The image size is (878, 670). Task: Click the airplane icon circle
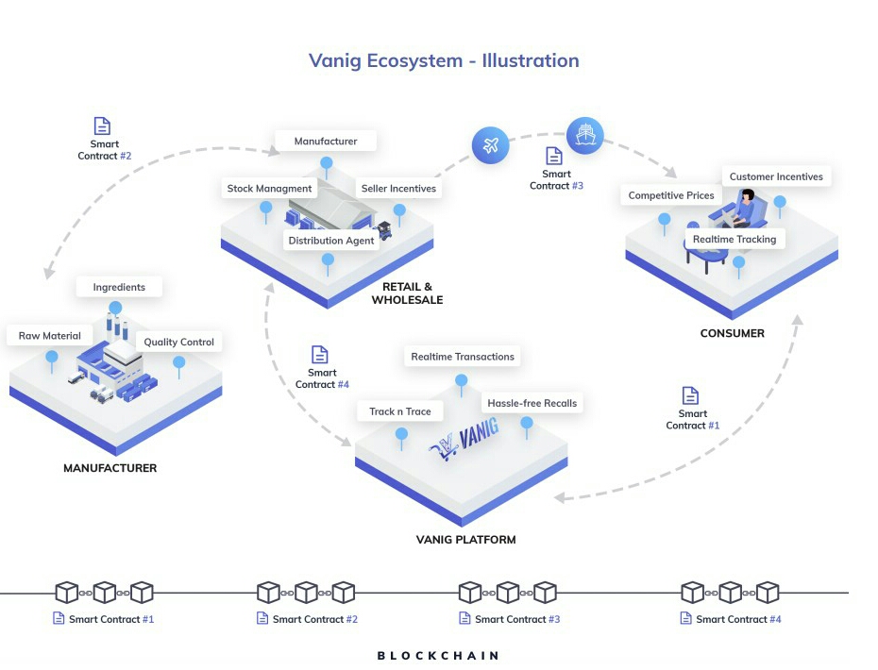click(491, 145)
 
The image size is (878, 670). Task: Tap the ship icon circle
click(585, 136)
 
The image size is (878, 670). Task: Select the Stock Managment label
click(269, 189)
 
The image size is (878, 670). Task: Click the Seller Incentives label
click(398, 189)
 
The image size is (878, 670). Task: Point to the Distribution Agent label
click(331, 241)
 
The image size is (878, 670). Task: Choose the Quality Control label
click(178, 342)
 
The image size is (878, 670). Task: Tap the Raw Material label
click(50, 336)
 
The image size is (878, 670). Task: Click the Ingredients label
click(119, 287)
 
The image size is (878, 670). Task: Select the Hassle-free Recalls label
click(532, 403)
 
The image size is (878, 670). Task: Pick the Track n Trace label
click(400, 411)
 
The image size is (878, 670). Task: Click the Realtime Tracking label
click(734, 239)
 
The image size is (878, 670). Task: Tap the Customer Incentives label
click(776, 176)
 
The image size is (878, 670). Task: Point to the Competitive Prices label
click(671, 195)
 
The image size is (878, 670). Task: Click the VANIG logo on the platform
click(464, 439)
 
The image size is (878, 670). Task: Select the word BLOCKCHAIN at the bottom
click(438, 656)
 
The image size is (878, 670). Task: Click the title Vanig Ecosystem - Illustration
click(444, 60)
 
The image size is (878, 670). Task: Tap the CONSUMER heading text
click(733, 334)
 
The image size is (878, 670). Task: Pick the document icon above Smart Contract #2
click(102, 126)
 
